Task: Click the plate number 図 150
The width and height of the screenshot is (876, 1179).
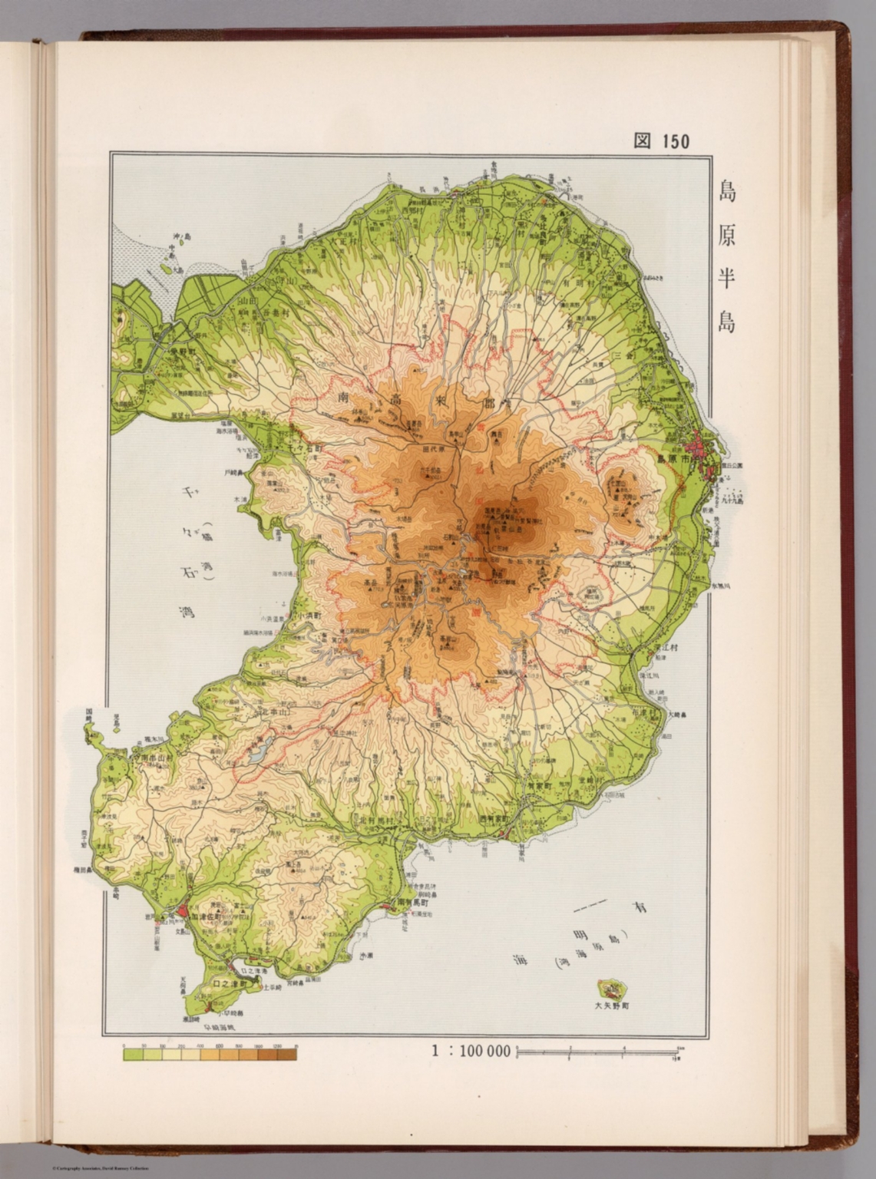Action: pyautogui.click(x=661, y=140)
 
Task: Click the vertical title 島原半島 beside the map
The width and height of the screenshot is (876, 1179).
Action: pyautogui.click(x=726, y=257)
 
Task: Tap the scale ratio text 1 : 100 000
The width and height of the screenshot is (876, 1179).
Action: pyautogui.click(x=471, y=1051)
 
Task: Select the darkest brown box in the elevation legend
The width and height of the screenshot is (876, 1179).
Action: pyautogui.click(x=286, y=1055)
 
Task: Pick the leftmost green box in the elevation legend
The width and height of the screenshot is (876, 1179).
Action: pyautogui.click(x=133, y=1055)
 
